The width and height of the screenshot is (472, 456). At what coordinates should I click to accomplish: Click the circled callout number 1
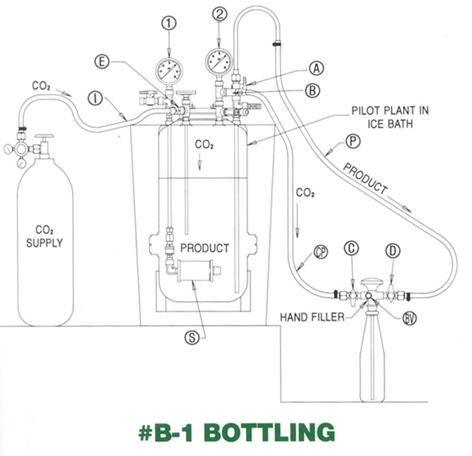tap(169, 23)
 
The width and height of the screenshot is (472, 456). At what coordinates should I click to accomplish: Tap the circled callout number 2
tap(220, 13)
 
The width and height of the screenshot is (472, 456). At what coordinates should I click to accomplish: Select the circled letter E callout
tap(102, 61)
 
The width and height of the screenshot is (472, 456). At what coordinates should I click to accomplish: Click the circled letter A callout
tap(316, 69)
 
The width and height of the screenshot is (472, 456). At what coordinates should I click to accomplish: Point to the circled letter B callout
tap(313, 90)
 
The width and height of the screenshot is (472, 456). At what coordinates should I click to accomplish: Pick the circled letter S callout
tap(192, 338)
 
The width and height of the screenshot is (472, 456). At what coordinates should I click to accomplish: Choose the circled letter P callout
tap(352, 141)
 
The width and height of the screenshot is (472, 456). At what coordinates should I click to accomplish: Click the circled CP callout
tap(320, 252)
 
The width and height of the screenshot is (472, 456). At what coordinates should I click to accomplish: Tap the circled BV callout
tap(409, 318)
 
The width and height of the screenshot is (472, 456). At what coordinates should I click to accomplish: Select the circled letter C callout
tap(351, 248)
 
